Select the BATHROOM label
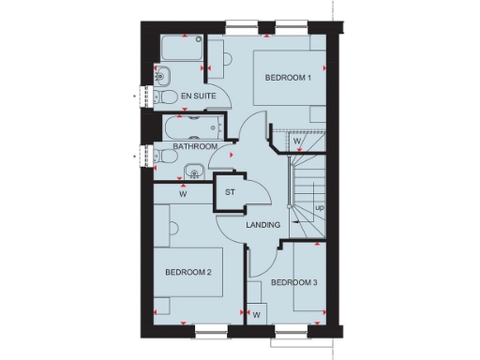pyautogui.click(x=197, y=147)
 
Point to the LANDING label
pyautogui.click(x=264, y=226)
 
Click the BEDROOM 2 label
pyautogui.click(x=188, y=272)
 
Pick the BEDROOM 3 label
pyautogui.click(x=293, y=282)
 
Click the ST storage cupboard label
pyautogui.click(x=230, y=195)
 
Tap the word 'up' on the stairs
pyautogui.click(x=320, y=207)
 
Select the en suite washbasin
pyautogui.click(x=158, y=76)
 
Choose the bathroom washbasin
pyautogui.click(x=192, y=170)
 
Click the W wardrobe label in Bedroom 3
pyautogui.click(x=255, y=315)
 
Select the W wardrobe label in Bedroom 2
pyautogui.click(x=182, y=196)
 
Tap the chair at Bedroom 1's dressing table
pyautogui.click(x=226, y=58)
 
